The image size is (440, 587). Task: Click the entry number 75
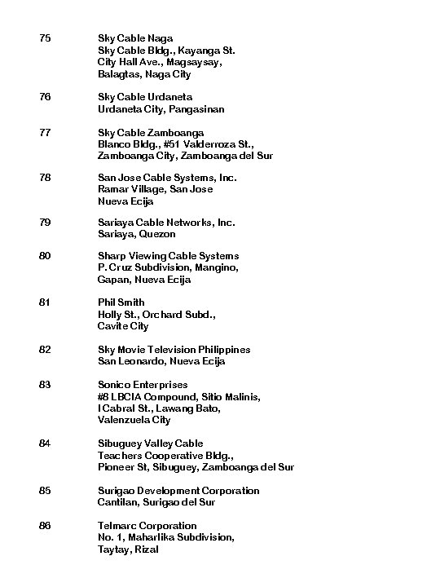point(44,38)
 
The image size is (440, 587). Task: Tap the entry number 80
point(44,256)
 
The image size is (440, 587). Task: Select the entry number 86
point(44,526)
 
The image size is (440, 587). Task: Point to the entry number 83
point(44,385)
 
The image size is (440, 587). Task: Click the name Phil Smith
point(121,302)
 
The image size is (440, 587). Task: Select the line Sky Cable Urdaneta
point(145,97)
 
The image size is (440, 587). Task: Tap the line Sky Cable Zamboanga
point(151,133)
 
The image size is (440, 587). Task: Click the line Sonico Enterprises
point(143,385)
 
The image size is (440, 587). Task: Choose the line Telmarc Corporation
point(147,526)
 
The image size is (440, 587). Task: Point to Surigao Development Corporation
point(178,491)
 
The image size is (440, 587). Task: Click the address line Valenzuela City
point(134,421)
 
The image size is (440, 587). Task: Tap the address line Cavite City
point(123,326)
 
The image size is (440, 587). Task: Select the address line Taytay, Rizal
point(128,549)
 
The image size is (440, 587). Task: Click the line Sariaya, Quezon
point(137,234)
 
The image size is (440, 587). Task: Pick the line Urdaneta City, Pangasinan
point(161,109)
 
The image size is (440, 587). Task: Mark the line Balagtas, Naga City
point(144,74)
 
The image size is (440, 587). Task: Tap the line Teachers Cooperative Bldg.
point(165,455)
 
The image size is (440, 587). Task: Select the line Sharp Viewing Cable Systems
point(169,256)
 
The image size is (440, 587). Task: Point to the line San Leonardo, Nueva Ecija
point(161,361)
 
